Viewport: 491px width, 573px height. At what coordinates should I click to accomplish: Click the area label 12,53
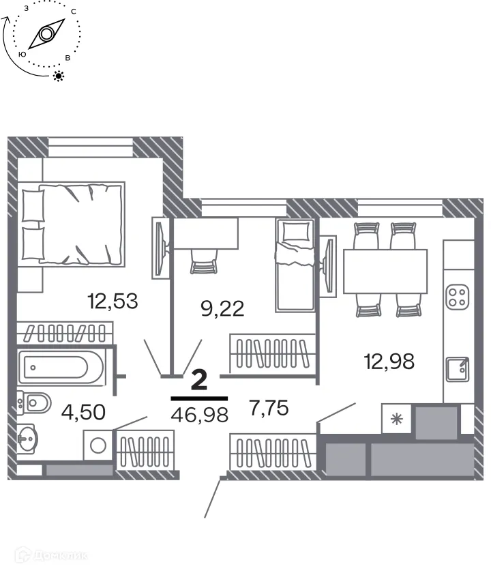[x=113, y=300]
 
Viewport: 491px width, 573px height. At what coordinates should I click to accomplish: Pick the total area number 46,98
[x=199, y=413]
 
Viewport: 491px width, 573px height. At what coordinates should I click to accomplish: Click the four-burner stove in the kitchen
[x=456, y=296]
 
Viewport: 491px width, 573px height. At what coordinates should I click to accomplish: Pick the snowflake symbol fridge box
[x=396, y=419]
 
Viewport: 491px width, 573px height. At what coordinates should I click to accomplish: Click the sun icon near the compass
[x=59, y=76]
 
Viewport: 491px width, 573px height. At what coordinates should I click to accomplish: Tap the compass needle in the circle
[x=46, y=34]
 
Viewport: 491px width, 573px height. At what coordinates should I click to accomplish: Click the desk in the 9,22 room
[x=205, y=233]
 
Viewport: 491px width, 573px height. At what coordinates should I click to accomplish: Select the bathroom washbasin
[x=28, y=434]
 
